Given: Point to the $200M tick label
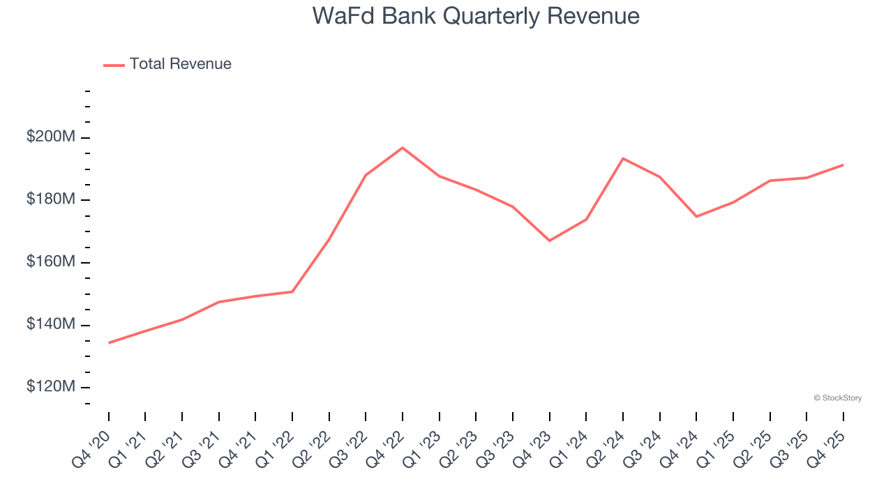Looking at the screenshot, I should [51, 137].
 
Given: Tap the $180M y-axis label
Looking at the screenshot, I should [51, 199].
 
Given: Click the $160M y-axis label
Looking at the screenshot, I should [51, 262].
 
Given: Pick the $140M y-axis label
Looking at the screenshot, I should [51, 325].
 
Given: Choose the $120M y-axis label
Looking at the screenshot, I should [51, 387].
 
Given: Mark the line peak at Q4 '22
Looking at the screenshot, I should [403, 148].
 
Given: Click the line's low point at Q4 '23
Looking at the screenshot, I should [550, 241].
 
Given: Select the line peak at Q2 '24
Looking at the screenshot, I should [623, 158].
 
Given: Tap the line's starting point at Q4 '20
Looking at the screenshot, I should [110, 342].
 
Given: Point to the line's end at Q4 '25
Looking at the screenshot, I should [843, 165].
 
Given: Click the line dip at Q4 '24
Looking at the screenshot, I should [696, 216].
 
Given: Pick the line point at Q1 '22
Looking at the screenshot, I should [292, 291].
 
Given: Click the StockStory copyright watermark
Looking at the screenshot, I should [837, 398].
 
